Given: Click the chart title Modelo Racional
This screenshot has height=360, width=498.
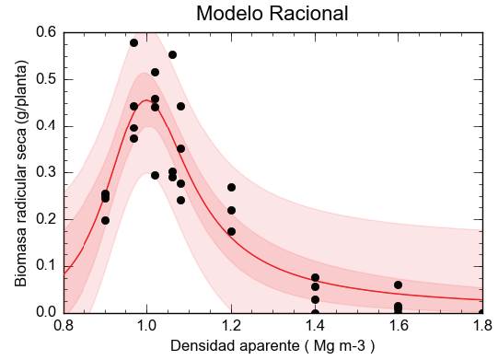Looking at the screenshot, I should coord(272,14).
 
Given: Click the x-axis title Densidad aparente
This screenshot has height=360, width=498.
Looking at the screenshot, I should coord(272,346).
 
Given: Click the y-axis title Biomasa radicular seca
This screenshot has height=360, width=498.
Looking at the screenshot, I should coord(20,173).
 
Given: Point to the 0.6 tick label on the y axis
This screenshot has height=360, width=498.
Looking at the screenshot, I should coord(47,32).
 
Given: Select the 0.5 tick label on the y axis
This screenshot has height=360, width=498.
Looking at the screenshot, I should coord(47,79).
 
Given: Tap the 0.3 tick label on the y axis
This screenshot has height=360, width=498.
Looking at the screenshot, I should coord(47,172).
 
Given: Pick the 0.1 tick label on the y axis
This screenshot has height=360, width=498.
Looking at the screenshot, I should coord(47,266).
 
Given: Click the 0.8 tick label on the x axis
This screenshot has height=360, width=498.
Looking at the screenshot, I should coord(64,325).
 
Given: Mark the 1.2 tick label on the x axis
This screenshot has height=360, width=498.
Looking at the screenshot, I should coord(231,325).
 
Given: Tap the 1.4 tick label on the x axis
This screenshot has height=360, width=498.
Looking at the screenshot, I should coord(315,325).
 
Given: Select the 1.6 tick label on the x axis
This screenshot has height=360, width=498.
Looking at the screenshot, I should coord(398,325).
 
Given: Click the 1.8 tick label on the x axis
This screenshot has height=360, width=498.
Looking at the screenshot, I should coord(481,325).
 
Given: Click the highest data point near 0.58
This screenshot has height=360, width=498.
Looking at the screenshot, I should coord(133,42).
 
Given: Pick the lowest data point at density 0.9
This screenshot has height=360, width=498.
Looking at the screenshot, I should coord(105,220).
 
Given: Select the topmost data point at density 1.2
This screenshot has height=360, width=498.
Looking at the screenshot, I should coord(231,187).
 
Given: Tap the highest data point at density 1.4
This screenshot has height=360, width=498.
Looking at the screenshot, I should coord(315,277).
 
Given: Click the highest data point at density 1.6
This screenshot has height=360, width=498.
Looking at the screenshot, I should coord(398,285).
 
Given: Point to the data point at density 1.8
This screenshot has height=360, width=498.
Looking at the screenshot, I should coord(481,312).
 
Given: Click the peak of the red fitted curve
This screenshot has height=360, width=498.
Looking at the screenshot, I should coord(147,99).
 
